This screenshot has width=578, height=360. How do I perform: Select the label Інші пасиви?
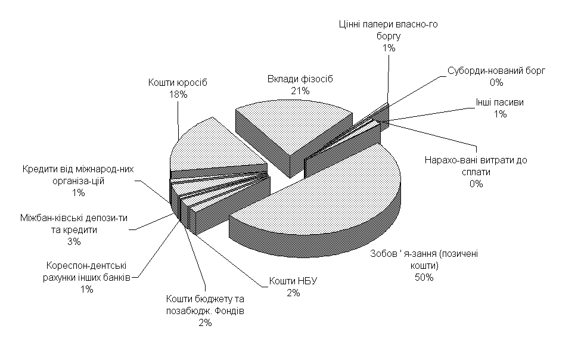[x=500, y=103]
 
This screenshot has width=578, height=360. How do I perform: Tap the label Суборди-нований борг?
[x=496, y=70]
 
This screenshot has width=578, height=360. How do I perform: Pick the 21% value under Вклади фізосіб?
[x=300, y=91]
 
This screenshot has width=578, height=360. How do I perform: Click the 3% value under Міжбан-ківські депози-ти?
[x=74, y=241]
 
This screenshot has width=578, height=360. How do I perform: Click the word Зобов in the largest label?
[x=381, y=254]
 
